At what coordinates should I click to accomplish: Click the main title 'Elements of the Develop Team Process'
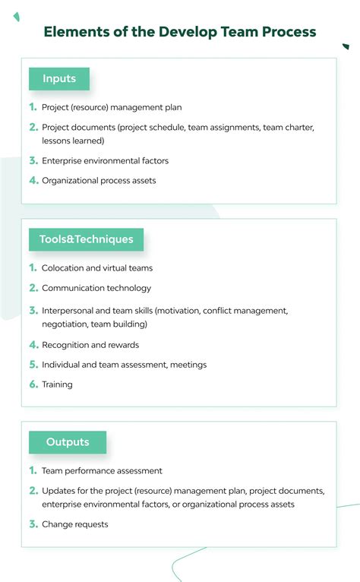[x=180, y=32]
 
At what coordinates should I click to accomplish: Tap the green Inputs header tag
[x=58, y=79]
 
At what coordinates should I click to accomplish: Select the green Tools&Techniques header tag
[x=86, y=239]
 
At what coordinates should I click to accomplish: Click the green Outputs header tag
[x=68, y=442]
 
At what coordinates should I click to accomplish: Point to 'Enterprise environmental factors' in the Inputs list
[x=105, y=161]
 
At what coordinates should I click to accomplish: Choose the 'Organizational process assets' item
[x=99, y=181]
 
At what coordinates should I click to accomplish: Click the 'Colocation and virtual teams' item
[x=97, y=268]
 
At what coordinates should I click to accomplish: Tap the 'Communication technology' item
[x=96, y=288]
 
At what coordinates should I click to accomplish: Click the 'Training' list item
[x=57, y=384]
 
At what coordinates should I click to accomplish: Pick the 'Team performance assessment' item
[x=102, y=471]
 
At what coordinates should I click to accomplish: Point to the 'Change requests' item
[x=75, y=524]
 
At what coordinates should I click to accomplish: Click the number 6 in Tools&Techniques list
[x=33, y=384]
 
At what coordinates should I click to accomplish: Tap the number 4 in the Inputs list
[x=33, y=181]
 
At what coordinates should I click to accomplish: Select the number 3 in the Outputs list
[x=33, y=524]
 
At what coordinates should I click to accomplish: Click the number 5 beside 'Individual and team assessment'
[x=33, y=365]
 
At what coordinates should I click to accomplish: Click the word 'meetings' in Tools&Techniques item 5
[x=188, y=365]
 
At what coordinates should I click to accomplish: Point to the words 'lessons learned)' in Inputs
[x=73, y=141]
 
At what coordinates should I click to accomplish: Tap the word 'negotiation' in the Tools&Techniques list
[x=64, y=324]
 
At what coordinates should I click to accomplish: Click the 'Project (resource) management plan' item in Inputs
[x=112, y=108]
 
